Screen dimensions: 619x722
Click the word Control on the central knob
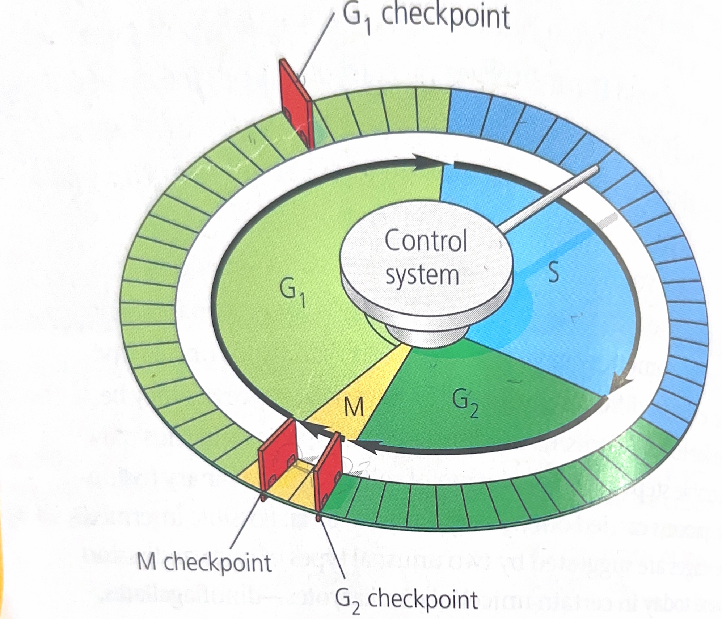click(426, 241)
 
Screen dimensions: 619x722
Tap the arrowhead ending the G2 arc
click(362, 445)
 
